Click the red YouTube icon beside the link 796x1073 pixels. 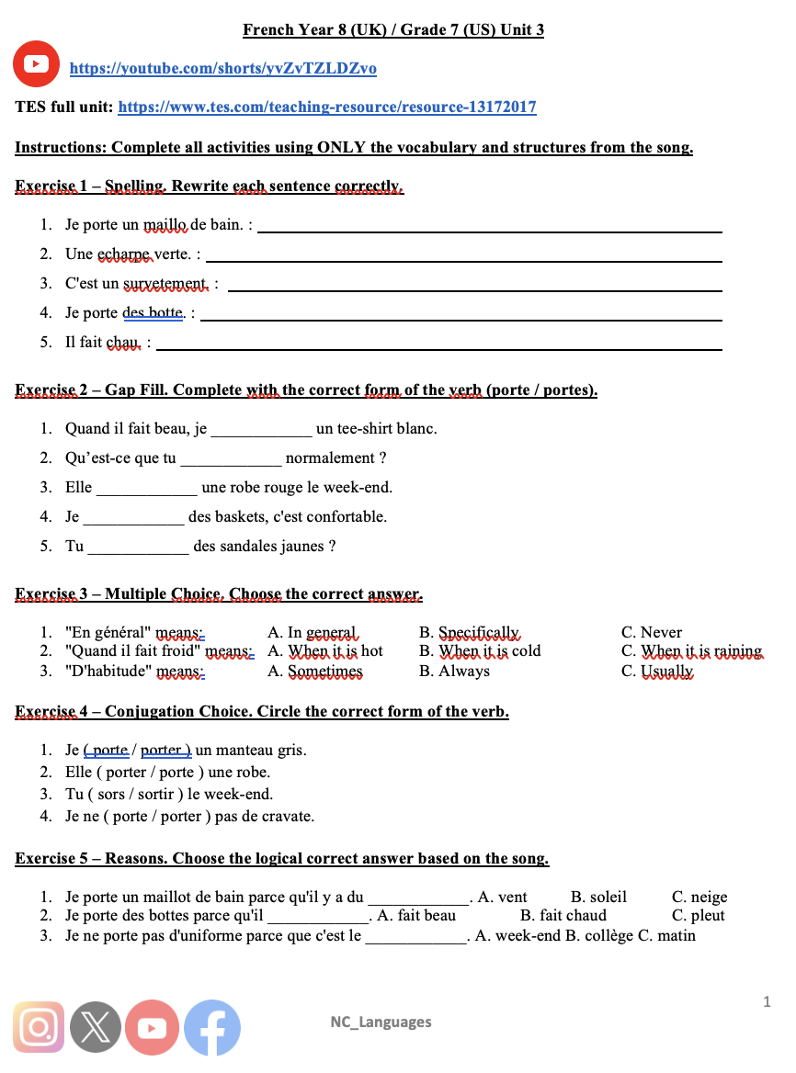coord(37,63)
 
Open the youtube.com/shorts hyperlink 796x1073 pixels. coord(223,69)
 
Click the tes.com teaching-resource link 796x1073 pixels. coord(327,107)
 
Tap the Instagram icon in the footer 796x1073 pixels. coord(39,1026)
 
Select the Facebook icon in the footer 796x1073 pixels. coord(212,1027)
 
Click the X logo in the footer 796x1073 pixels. coord(96,1027)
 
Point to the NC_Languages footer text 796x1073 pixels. coord(381,1022)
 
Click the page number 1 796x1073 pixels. coord(767,1001)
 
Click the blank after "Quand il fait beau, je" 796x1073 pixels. coord(262,429)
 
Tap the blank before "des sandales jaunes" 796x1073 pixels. coord(138,547)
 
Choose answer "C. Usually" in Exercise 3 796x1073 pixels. coord(657,672)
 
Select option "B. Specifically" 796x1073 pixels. coord(469,633)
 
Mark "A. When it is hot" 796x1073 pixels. coord(324,651)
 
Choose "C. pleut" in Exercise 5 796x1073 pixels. coord(699,916)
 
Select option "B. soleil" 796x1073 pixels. coord(598,898)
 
